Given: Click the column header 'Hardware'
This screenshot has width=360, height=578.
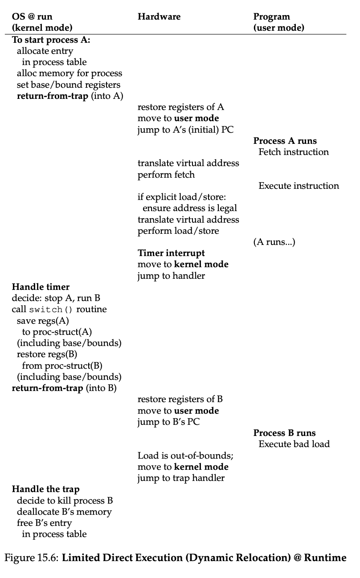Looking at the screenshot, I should pyautogui.click(x=159, y=17).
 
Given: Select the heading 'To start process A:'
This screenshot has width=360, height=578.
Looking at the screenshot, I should pyautogui.click(x=51, y=40).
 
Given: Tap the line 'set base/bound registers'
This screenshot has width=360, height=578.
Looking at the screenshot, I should pyautogui.click(x=69, y=85).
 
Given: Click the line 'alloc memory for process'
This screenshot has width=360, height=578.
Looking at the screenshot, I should pyautogui.click(x=70, y=73).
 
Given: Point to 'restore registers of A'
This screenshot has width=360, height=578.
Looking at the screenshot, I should pyautogui.click(x=180, y=107).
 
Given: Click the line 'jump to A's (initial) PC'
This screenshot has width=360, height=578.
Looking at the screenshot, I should pyautogui.click(x=185, y=130).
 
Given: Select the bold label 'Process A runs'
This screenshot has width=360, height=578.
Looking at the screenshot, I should pyautogui.click(x=285, y=141).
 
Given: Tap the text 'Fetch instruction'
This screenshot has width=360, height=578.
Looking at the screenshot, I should pyautogui.click(x=294, y=152).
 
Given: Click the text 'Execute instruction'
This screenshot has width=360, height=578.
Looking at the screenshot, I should pyautogui.click(x=299, y=186).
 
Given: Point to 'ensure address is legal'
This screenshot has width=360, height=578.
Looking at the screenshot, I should pyautogui.click(x=190, y=208).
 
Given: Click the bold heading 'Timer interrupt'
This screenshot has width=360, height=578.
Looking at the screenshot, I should pyautogui.click(x=171, y=253).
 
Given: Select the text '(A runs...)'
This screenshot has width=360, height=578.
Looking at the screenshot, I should pyautogui.click(x=274, y=242).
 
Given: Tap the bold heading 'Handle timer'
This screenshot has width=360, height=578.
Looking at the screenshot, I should pyautogui.click(x=41, y=287).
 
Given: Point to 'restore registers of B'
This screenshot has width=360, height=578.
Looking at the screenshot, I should pyautogui.click(x=180, y=399).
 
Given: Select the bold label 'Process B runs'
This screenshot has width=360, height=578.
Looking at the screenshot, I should pyautogui.click(x=284, y=433).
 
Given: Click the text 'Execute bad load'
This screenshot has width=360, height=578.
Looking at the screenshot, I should pyautogui.click(x=294, y=444).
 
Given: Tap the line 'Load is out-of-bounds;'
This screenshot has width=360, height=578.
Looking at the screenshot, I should pyautogui.click(x=185, y=456).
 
